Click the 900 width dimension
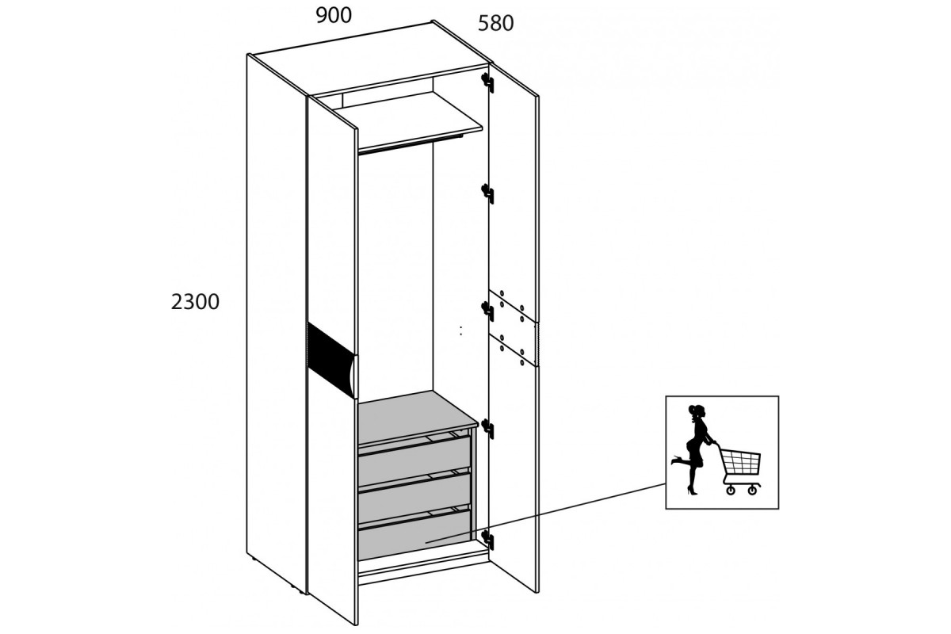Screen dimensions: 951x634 (334, 16)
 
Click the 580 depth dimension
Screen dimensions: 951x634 (495, 23)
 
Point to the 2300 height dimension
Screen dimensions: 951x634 (195, 302)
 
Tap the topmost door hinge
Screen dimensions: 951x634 (488, 82)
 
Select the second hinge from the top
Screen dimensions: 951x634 (488, 194)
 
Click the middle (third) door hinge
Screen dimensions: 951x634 (488, 311)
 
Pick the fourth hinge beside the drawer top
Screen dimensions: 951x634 (488, 428)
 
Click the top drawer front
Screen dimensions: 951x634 (414, 460)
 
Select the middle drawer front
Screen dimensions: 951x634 (414, 498)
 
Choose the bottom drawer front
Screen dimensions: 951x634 (414, 535)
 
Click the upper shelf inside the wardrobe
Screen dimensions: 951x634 (407, 120)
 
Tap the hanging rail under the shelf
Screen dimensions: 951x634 (411, 144)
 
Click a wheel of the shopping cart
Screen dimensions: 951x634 (730, 491)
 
